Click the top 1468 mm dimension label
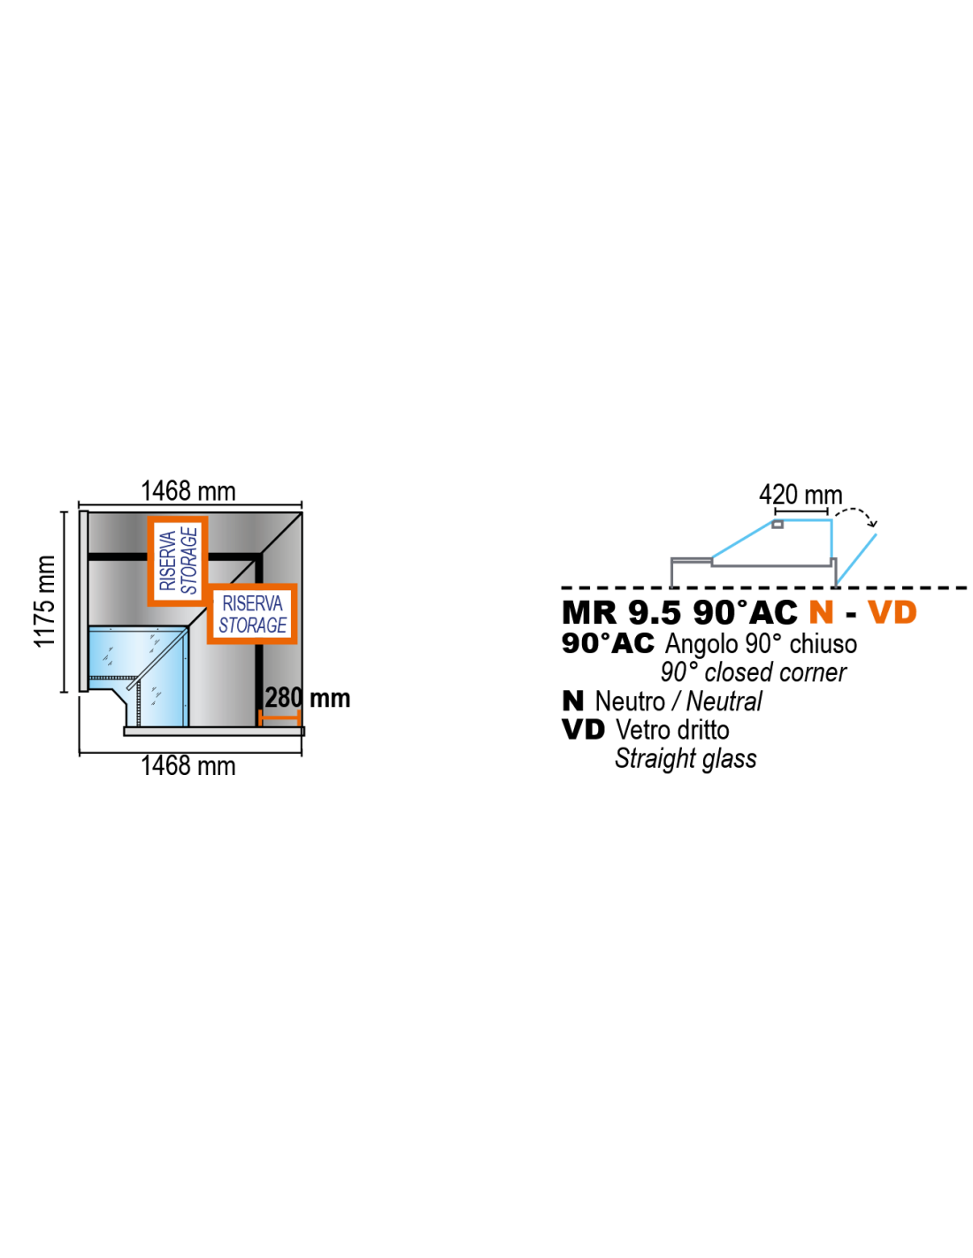[x=188, y=492]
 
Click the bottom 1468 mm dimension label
[x=188, y=766]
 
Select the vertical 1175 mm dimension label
[x=44, y=601]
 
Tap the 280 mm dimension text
[x=307, y=698]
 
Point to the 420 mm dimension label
[x=801, y=495]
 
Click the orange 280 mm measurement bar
[x=280, y=718]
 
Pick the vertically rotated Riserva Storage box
[x=178, y=561]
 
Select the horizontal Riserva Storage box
[x=252, y=614]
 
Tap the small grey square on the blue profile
[x=778, y=525]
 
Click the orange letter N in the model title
[x=821, y=612]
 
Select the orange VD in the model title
[x=892, y=612]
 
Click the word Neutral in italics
[x=724, y=702]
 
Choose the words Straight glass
[x=686, y=759]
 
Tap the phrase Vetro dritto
[x=672, y=730]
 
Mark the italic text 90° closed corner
[x=753, y=672]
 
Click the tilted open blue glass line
[x=856, y=558]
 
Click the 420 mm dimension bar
[x=801, y=511]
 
